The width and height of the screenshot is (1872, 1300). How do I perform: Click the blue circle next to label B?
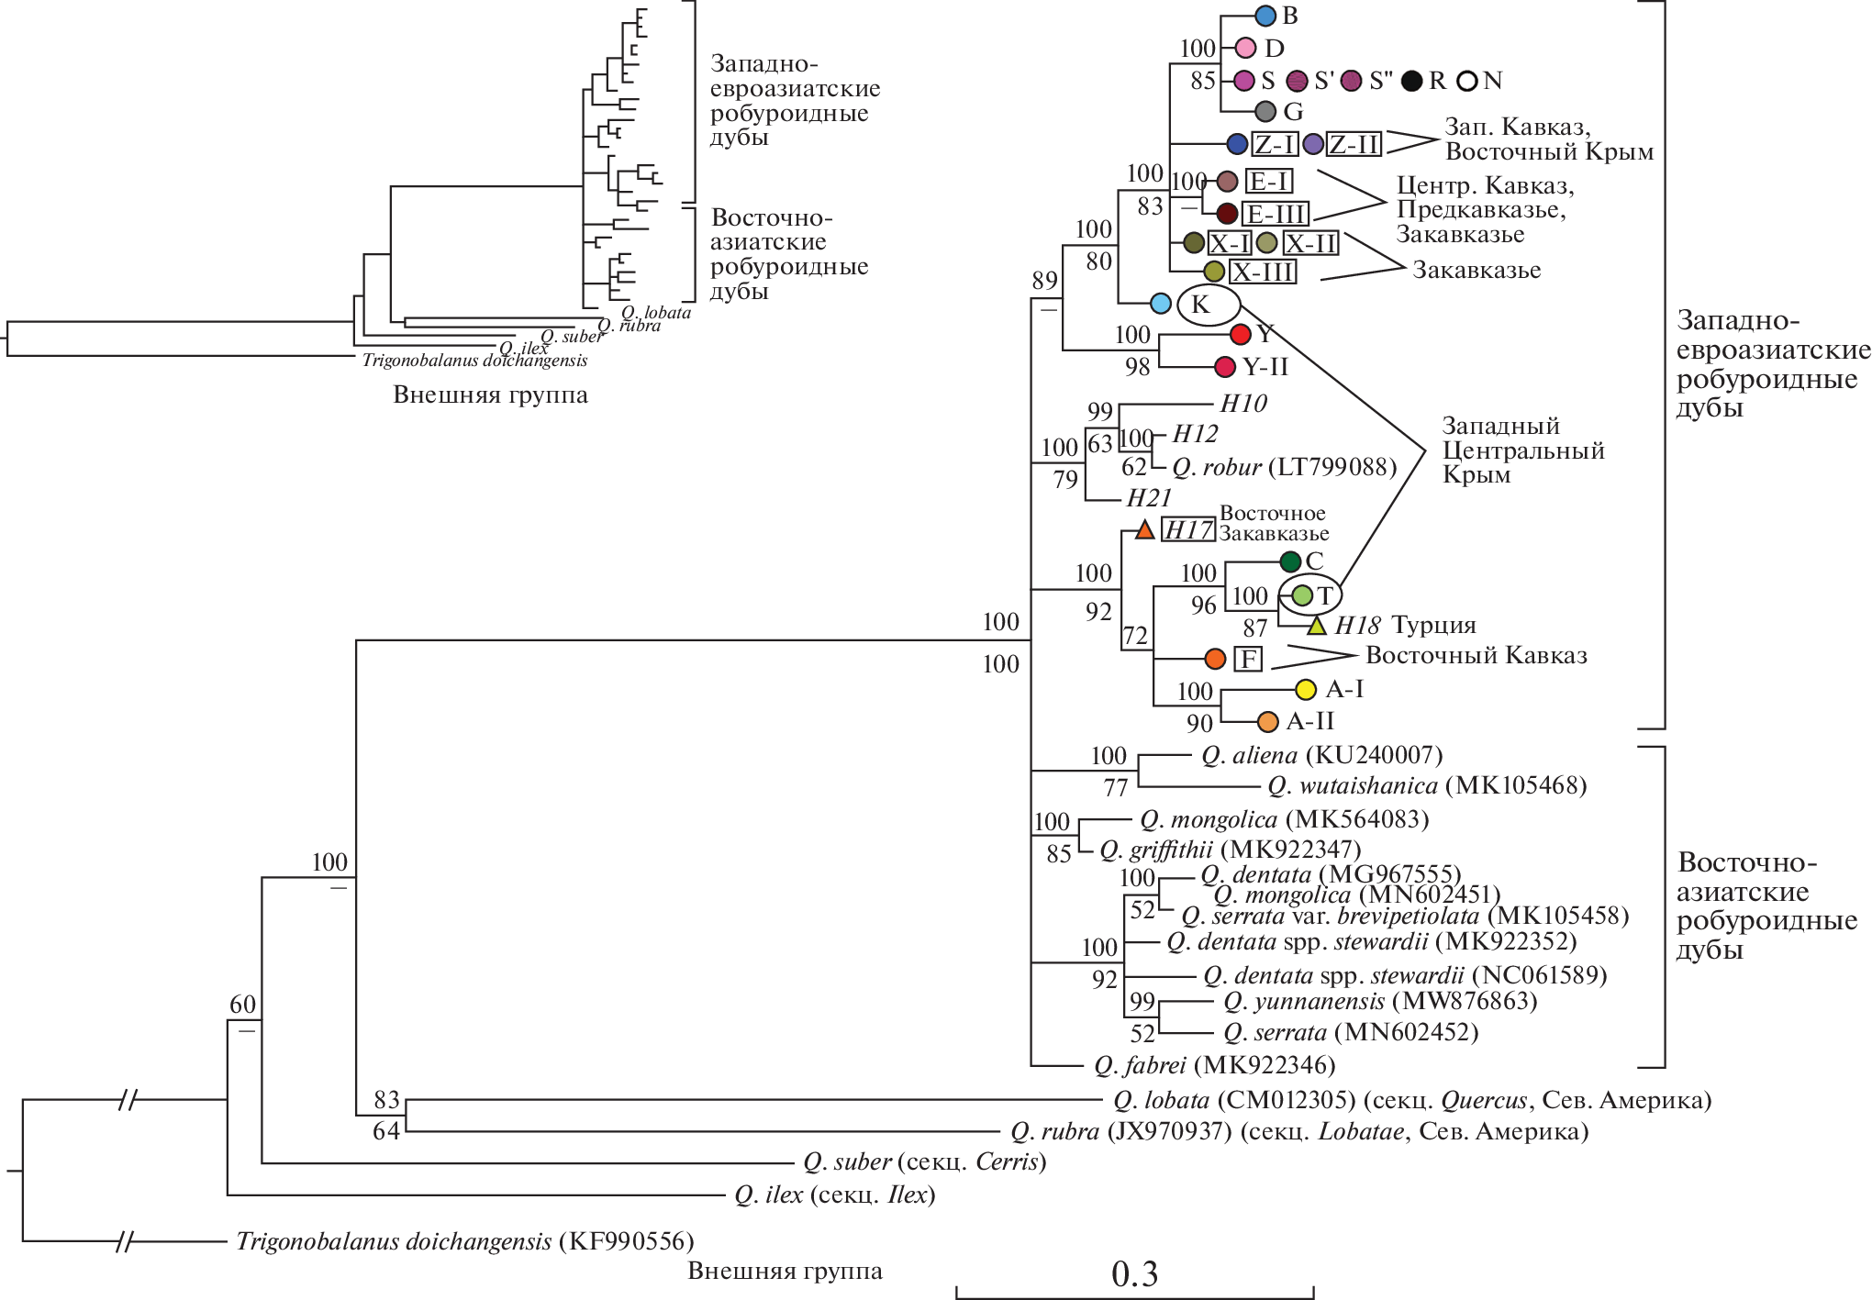1265,16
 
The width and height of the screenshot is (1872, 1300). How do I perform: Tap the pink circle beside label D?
1245,48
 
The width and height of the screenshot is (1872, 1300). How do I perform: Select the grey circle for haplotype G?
1265,112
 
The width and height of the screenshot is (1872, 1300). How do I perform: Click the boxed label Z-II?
1354,144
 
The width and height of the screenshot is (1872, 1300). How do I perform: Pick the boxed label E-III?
1276,215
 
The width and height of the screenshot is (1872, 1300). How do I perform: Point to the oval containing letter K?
1209,305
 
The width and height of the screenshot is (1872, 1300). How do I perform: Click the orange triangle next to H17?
1144,530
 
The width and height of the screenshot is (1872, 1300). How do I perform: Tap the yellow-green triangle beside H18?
1317,627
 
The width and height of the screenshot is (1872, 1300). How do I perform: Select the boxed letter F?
1248,659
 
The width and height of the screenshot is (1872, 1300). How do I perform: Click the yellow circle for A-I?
1306,690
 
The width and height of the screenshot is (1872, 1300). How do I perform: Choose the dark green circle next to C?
1290,561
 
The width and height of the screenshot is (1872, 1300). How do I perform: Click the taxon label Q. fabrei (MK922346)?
1215,1065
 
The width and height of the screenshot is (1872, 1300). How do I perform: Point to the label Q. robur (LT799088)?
1284,468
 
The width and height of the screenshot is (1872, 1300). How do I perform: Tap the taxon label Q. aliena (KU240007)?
1321,755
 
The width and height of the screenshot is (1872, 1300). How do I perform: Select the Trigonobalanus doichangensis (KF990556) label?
465,1241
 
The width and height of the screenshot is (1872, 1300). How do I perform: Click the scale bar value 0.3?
1134,1273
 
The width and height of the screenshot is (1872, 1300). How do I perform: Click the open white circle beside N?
1467,81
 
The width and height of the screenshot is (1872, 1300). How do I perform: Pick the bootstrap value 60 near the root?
242,1005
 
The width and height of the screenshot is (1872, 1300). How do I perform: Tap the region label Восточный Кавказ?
1476,655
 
